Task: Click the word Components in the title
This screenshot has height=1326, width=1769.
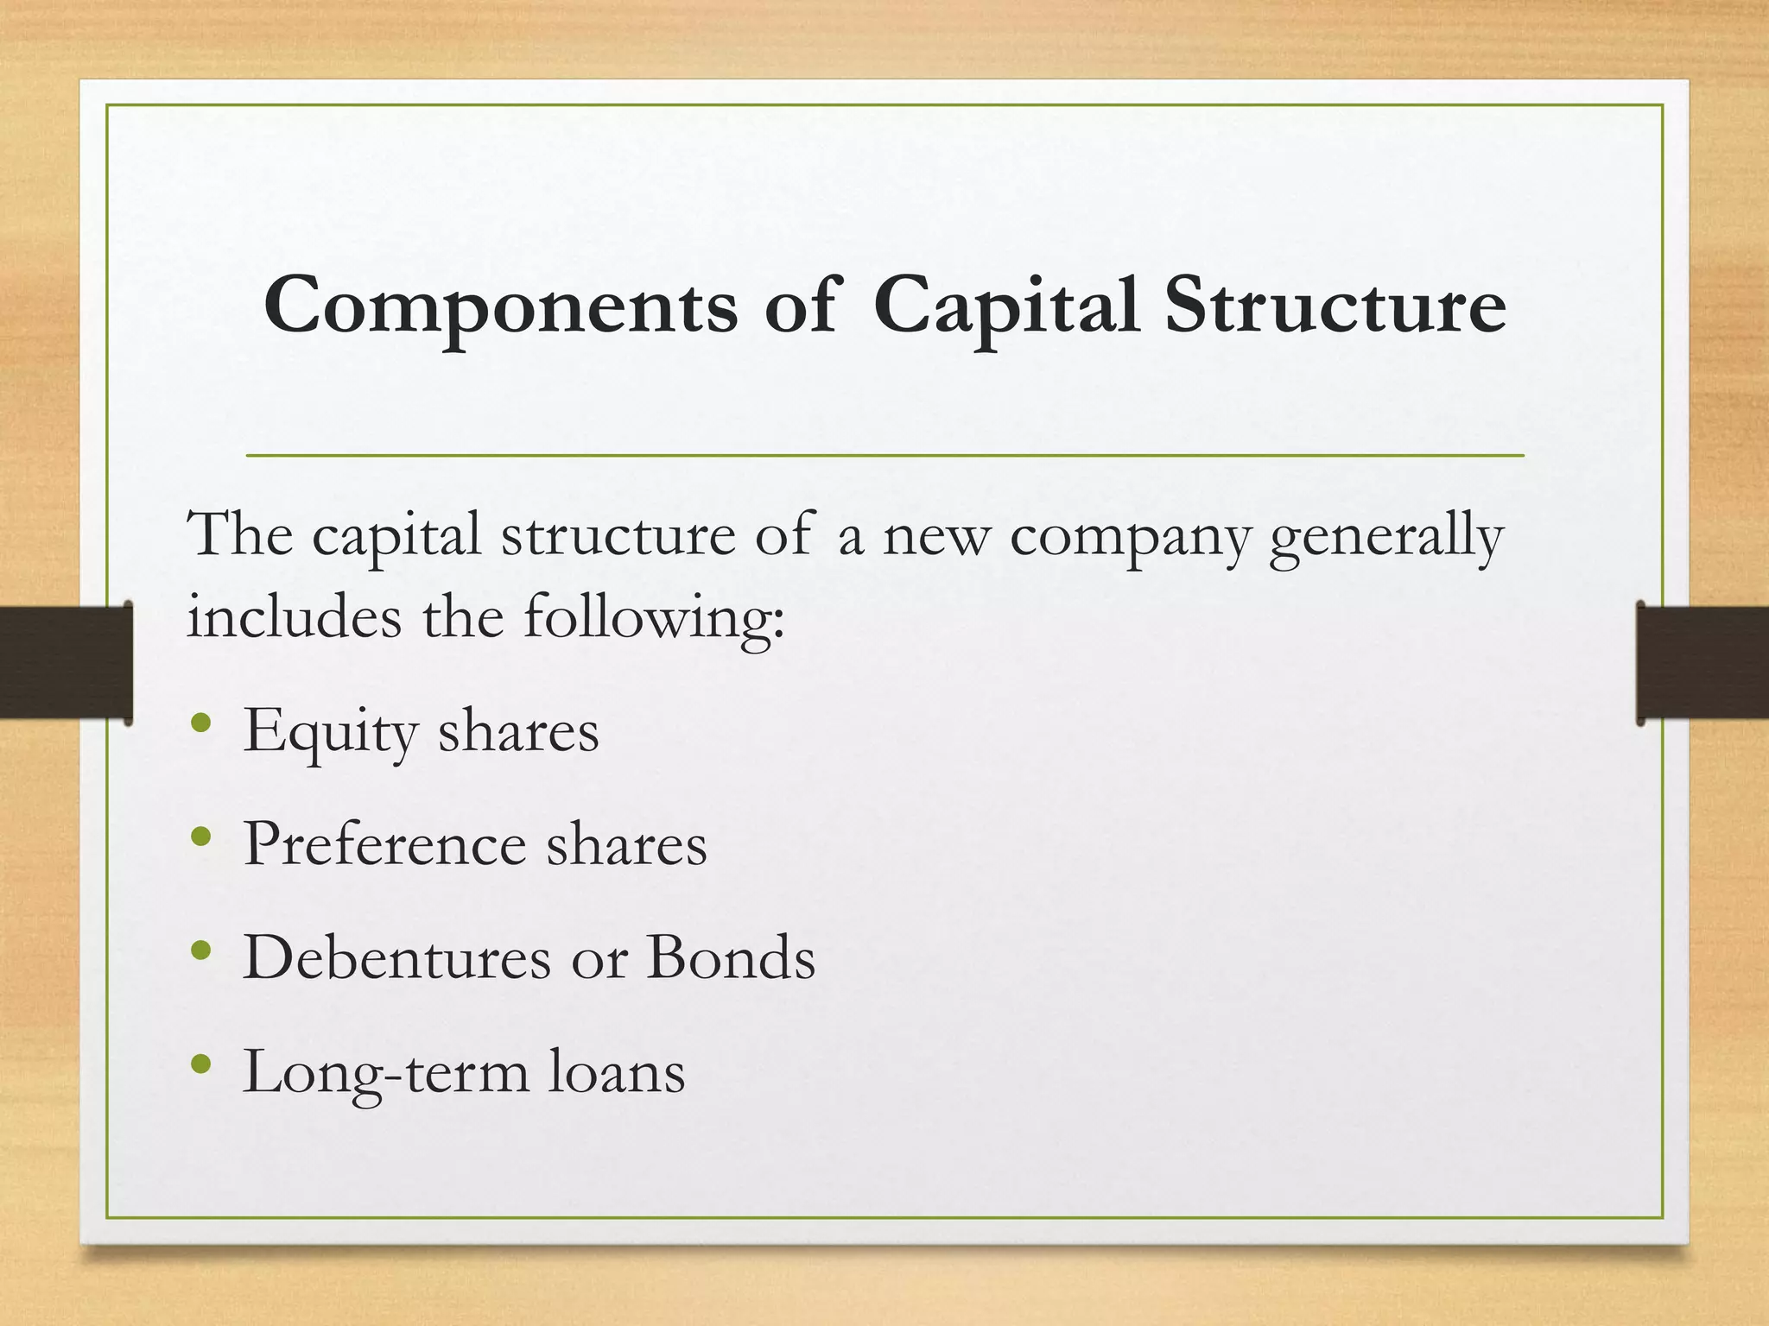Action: click(x=501, y=306)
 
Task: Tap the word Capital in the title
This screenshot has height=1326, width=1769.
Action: click(x=1005, y=306)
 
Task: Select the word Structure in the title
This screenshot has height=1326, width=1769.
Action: click(x=1335, y=306)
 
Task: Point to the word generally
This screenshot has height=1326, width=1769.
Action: click(x=1386, y=537)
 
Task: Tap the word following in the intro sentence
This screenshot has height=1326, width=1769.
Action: click(x=654, y=619)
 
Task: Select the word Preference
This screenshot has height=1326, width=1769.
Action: click(x=384, y=843)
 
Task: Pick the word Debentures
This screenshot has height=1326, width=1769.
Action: click(x=396, y=957)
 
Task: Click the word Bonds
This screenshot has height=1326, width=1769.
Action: click(x=731, y=957)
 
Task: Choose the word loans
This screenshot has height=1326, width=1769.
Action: click(x=617, y=1072)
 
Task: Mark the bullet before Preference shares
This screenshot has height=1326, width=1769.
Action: click(x=201, y=837)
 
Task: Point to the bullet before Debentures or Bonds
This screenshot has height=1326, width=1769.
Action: click(x=201, y=950)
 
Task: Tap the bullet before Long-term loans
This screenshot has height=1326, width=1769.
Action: click(x=201, y=1064)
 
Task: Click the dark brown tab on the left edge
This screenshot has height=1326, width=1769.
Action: click(x=66, y=662)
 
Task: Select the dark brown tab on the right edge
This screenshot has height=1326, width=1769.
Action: click(x=1702, y=662)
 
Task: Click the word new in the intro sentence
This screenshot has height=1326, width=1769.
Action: click(x=935, y=537)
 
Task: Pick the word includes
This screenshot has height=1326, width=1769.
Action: click(x=295, y=619)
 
